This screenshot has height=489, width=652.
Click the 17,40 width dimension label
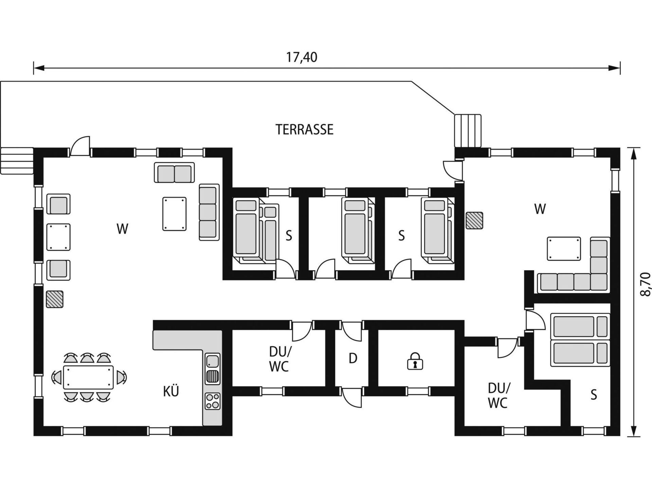point(302,57)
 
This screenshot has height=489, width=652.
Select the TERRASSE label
point(304,129)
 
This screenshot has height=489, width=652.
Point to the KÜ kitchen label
point(171,391)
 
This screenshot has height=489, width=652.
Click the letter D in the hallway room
point(353,358)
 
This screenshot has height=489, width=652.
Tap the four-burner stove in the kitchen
point(213,401)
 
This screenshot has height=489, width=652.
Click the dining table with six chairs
point(89,377)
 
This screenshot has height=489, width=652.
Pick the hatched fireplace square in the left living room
point(55,299)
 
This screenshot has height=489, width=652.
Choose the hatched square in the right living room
point(474,220)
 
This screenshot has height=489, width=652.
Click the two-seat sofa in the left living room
point(174,173)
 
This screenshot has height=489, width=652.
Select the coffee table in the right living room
point(564,249)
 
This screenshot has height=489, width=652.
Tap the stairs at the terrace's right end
point(468,131)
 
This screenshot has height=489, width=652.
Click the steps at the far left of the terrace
point(17,161)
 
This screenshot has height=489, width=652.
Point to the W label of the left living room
point(122,229)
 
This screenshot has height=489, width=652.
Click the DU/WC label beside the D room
point(279,359)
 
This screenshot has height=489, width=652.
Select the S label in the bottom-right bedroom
point(594,395)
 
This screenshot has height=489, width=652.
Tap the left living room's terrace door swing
point(80,146)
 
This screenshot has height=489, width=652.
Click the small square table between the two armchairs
point(58,237)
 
